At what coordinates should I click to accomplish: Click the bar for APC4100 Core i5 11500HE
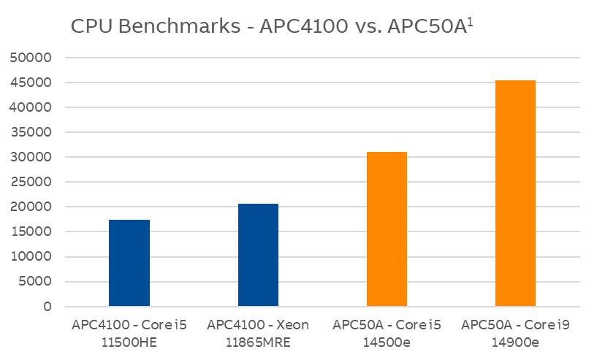(x=129, y=263)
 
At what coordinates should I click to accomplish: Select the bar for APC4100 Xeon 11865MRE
(x=258, y=255)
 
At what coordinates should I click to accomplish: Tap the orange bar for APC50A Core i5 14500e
(x=387, y=229)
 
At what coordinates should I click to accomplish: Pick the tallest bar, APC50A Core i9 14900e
(x=515, y=194)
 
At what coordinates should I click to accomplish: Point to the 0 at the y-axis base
(x=47, y=307)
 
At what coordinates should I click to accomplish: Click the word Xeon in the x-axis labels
(x=292, y=323)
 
